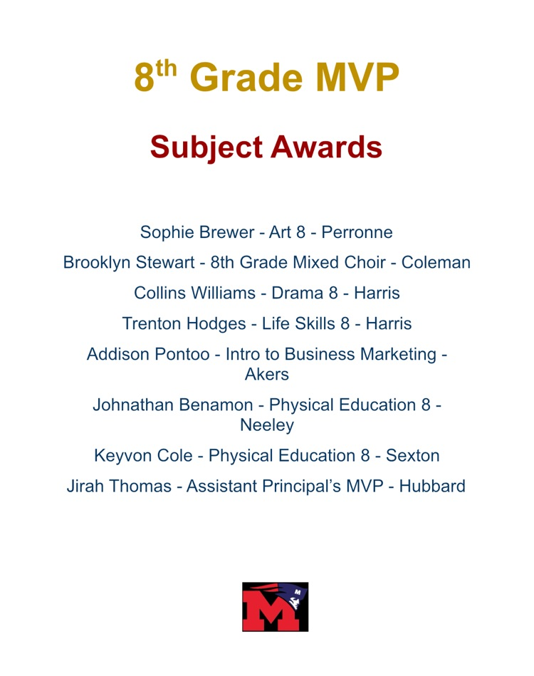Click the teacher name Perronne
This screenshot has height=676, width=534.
pyautogui.click(x=357, y=232)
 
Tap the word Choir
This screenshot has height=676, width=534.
pyautogui.click(x=362, y=262)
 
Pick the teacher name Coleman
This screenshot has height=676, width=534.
pyautogui.click(x=436, y=262)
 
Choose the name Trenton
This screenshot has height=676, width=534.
pyautogui.click(x=151, y=323)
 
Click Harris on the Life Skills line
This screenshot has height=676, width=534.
pyautogui.click(x=388, y=323)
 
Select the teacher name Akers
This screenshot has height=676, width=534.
pyautogui.click(x=267, y=374)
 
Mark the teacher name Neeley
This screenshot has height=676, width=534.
pyautogui.click(x=267, y=425)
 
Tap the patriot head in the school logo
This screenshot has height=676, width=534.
pyautogui.click(x=291, y=598)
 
